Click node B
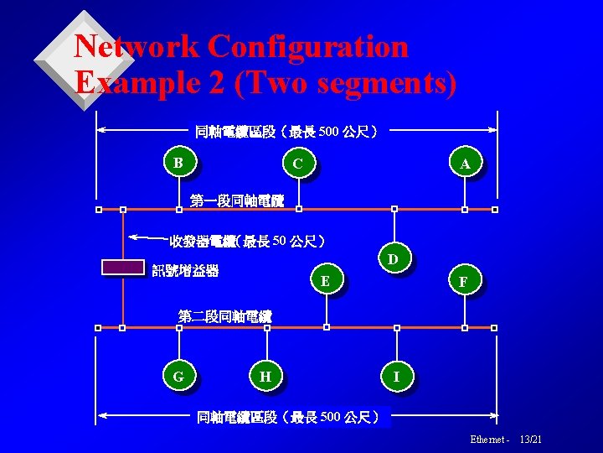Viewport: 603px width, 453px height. pos(178,162)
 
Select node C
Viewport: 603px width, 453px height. pos(297,163)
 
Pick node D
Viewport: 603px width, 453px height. pos(393,259)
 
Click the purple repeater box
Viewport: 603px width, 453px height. pos(123,268)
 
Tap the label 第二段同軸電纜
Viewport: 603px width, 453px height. pos(225,315)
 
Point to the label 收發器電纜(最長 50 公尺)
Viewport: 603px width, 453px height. pos(247,242)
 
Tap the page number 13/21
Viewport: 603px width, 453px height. pos(531,440)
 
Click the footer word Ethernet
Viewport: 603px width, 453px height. pos(487,440)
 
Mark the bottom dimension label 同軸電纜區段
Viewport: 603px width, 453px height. pos(237,417)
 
